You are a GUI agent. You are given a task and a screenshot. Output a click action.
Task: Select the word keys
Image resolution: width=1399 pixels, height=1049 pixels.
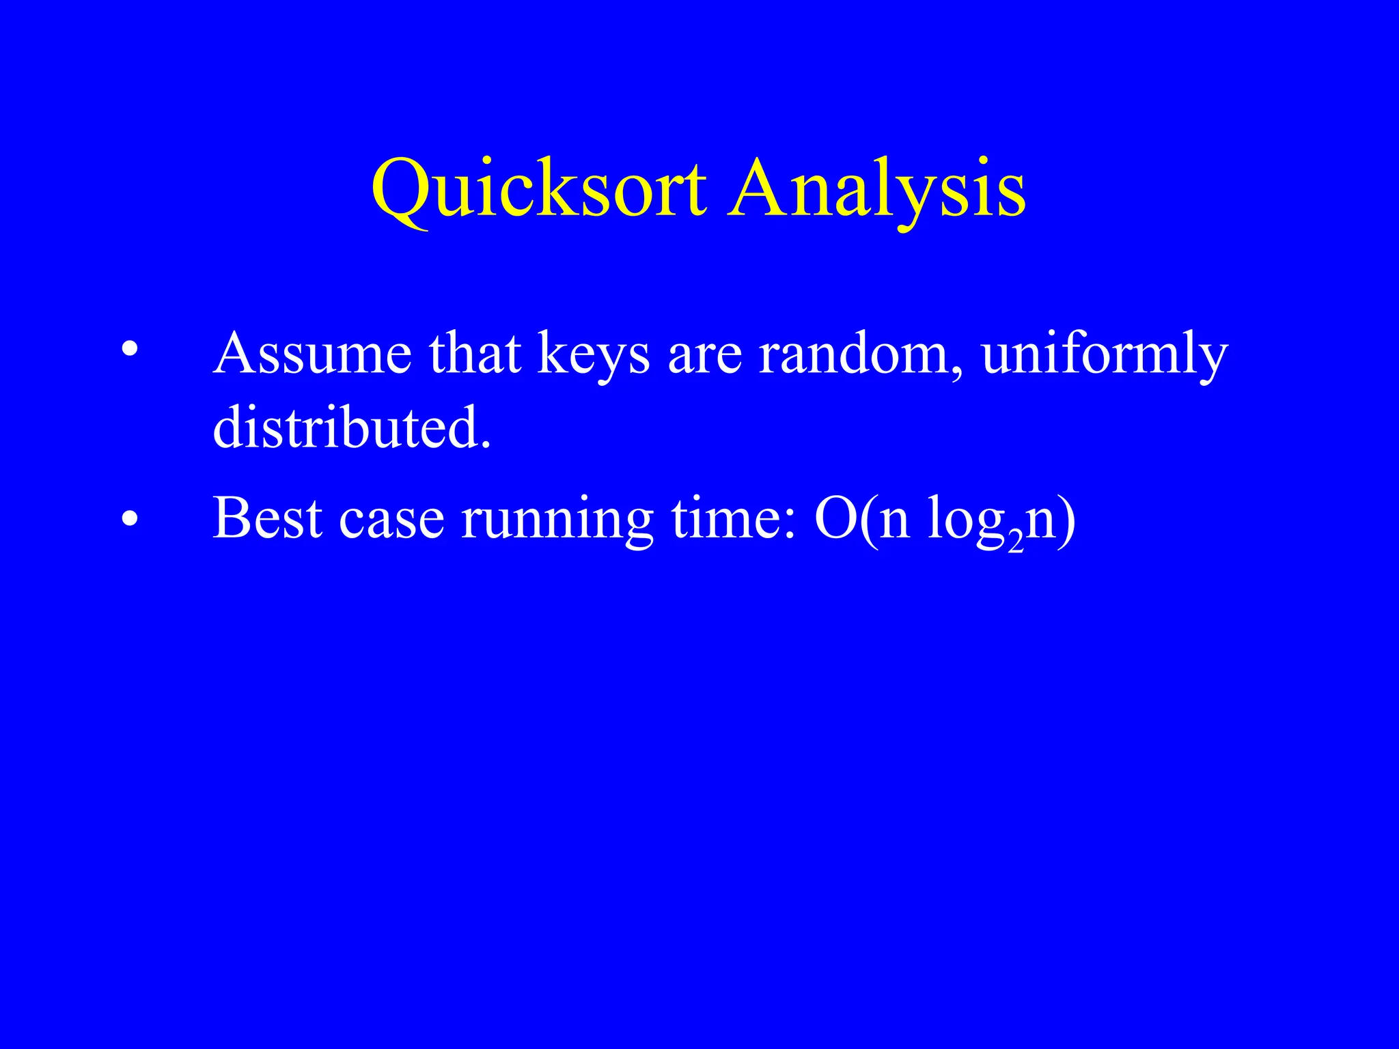[x=593, y=354]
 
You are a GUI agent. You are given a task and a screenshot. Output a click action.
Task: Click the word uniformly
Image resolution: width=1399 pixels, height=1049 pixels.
[x=1104, y=354]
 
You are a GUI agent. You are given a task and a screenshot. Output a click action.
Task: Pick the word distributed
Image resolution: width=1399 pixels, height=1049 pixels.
[x=352, y=427]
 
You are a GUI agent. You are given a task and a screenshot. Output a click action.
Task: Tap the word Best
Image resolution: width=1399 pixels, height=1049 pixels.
[x=267, y=518]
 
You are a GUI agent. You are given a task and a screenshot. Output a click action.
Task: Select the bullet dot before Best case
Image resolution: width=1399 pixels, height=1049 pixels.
[x=129, y=519]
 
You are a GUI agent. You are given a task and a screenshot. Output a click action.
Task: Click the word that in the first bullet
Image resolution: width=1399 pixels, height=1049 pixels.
[x=475, y=353]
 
